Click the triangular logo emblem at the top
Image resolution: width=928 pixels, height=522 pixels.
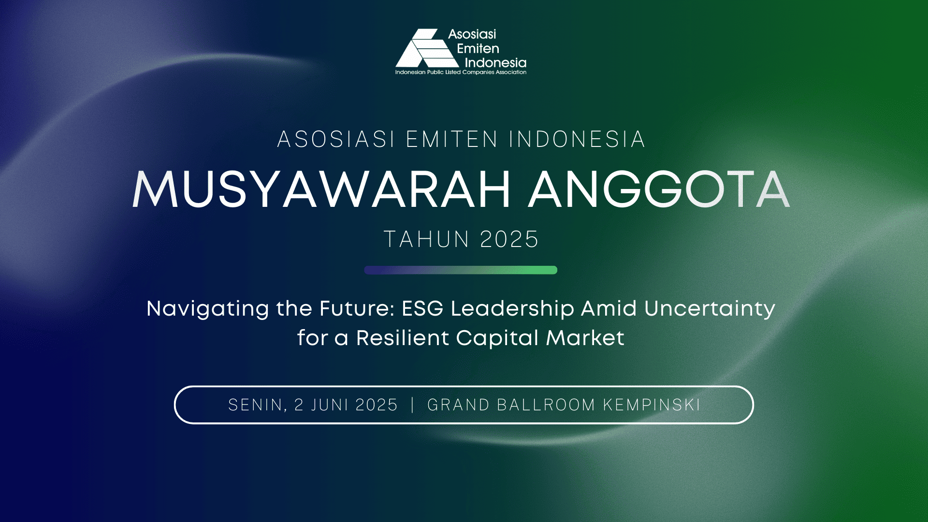(427, 48)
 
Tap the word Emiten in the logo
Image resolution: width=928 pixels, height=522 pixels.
(478, 48)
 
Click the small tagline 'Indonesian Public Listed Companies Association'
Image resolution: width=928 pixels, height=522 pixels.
(461, 72)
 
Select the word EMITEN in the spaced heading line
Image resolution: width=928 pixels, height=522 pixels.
(452, 139)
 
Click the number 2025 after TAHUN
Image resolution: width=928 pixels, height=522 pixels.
(509, 239)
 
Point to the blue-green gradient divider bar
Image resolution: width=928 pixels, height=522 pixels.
(461, 270)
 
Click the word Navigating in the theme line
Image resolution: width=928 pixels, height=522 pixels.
(208, 309)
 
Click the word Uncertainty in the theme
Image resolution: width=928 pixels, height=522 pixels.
(710, 309)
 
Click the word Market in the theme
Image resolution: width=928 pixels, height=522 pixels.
(585, 337)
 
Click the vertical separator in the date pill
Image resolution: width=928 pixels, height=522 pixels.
(412, 405)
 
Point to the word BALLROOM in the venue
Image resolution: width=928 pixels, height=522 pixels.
(546, 405)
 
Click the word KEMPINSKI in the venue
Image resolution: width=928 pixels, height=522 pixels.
(652, 405)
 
